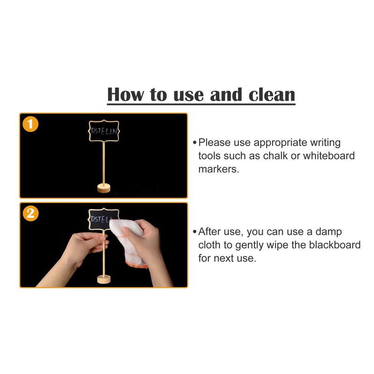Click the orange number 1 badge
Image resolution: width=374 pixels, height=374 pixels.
click(x=30, y=124)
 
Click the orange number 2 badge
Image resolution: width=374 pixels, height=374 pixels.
click(x=30, y=213)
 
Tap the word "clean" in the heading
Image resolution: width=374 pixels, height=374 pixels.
click(x=272, y=94)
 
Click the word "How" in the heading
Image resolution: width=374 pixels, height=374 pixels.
click(x=125, y=94)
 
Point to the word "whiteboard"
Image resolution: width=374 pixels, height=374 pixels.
click(x=329, y=156)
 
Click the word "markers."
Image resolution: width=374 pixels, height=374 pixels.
click(x=218, y=169)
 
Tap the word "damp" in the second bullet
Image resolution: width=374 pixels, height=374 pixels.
click(x=329, y=232)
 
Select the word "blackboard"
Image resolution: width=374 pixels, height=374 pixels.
click(x=335, y=245)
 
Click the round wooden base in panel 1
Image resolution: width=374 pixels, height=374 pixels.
click(x=104, y=188)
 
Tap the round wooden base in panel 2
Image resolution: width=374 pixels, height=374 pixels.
click(x=104, y=279)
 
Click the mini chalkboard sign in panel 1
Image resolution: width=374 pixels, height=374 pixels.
click(x=104, y=131)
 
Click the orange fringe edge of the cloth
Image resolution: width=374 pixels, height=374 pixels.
click(x=137, y=264)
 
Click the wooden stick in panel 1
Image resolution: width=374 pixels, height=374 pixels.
click(x=103, y=163)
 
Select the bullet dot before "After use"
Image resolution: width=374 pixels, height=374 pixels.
click(x=194, y=231)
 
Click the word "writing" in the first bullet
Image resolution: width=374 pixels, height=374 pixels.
click(x=325, y=143)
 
